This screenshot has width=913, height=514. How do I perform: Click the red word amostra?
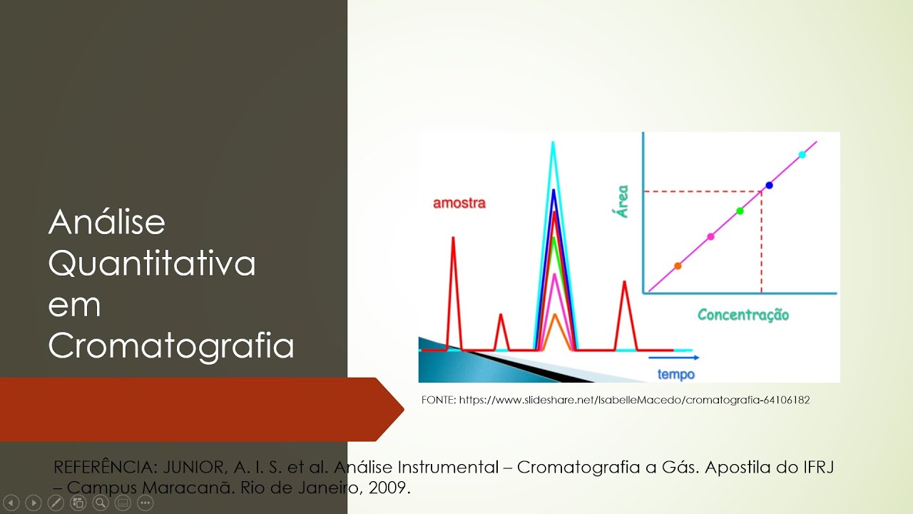point(459,203)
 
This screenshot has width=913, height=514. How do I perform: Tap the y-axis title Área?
point(623,201)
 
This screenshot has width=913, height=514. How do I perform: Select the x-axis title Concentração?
point(743,315)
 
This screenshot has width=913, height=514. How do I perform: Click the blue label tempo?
point(675,374)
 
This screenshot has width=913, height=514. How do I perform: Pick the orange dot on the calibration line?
point(678,266)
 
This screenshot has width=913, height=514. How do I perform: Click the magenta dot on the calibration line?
point(710,236)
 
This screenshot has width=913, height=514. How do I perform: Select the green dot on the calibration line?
point(740,211)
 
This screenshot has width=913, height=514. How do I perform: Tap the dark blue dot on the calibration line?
point(769,185)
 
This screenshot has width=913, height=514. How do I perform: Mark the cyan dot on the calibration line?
point(802,154)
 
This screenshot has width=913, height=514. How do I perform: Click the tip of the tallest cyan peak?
point(553,143)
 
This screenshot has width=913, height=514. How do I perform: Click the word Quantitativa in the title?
point(152,263)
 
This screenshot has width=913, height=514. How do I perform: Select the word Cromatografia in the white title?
point(171,346)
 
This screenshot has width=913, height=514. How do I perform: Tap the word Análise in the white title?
point(107,222)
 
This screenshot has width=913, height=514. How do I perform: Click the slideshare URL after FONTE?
point(634,400)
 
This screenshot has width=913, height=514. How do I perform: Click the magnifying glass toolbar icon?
point(101,503)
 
